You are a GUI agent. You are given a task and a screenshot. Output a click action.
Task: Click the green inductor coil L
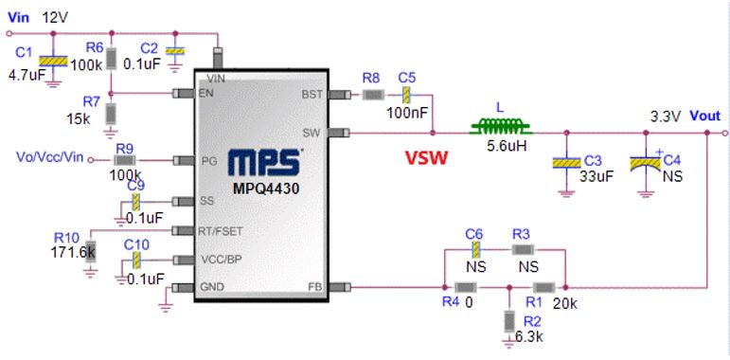501,126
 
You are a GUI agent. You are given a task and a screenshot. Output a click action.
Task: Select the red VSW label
425,159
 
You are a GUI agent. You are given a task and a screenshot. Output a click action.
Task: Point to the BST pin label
312,95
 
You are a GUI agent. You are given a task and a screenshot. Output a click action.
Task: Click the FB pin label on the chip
315,286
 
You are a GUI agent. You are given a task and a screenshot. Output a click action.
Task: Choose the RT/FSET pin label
221,231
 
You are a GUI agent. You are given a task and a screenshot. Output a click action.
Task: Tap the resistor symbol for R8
373,95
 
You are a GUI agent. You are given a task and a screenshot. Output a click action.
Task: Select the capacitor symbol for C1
54,61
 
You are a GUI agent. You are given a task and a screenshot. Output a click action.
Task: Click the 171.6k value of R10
73,252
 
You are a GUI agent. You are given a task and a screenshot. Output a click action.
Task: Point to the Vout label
704,116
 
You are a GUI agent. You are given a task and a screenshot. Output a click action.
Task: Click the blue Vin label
19,18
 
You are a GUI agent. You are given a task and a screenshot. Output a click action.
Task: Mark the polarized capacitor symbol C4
646,164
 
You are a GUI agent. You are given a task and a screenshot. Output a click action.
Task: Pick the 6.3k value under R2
530,336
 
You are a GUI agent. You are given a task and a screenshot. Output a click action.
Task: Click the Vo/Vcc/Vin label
49,157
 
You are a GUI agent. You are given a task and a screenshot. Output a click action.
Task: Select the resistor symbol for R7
111,114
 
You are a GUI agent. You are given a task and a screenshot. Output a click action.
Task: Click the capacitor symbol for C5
407,95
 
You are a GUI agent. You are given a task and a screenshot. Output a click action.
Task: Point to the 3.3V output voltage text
667,117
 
